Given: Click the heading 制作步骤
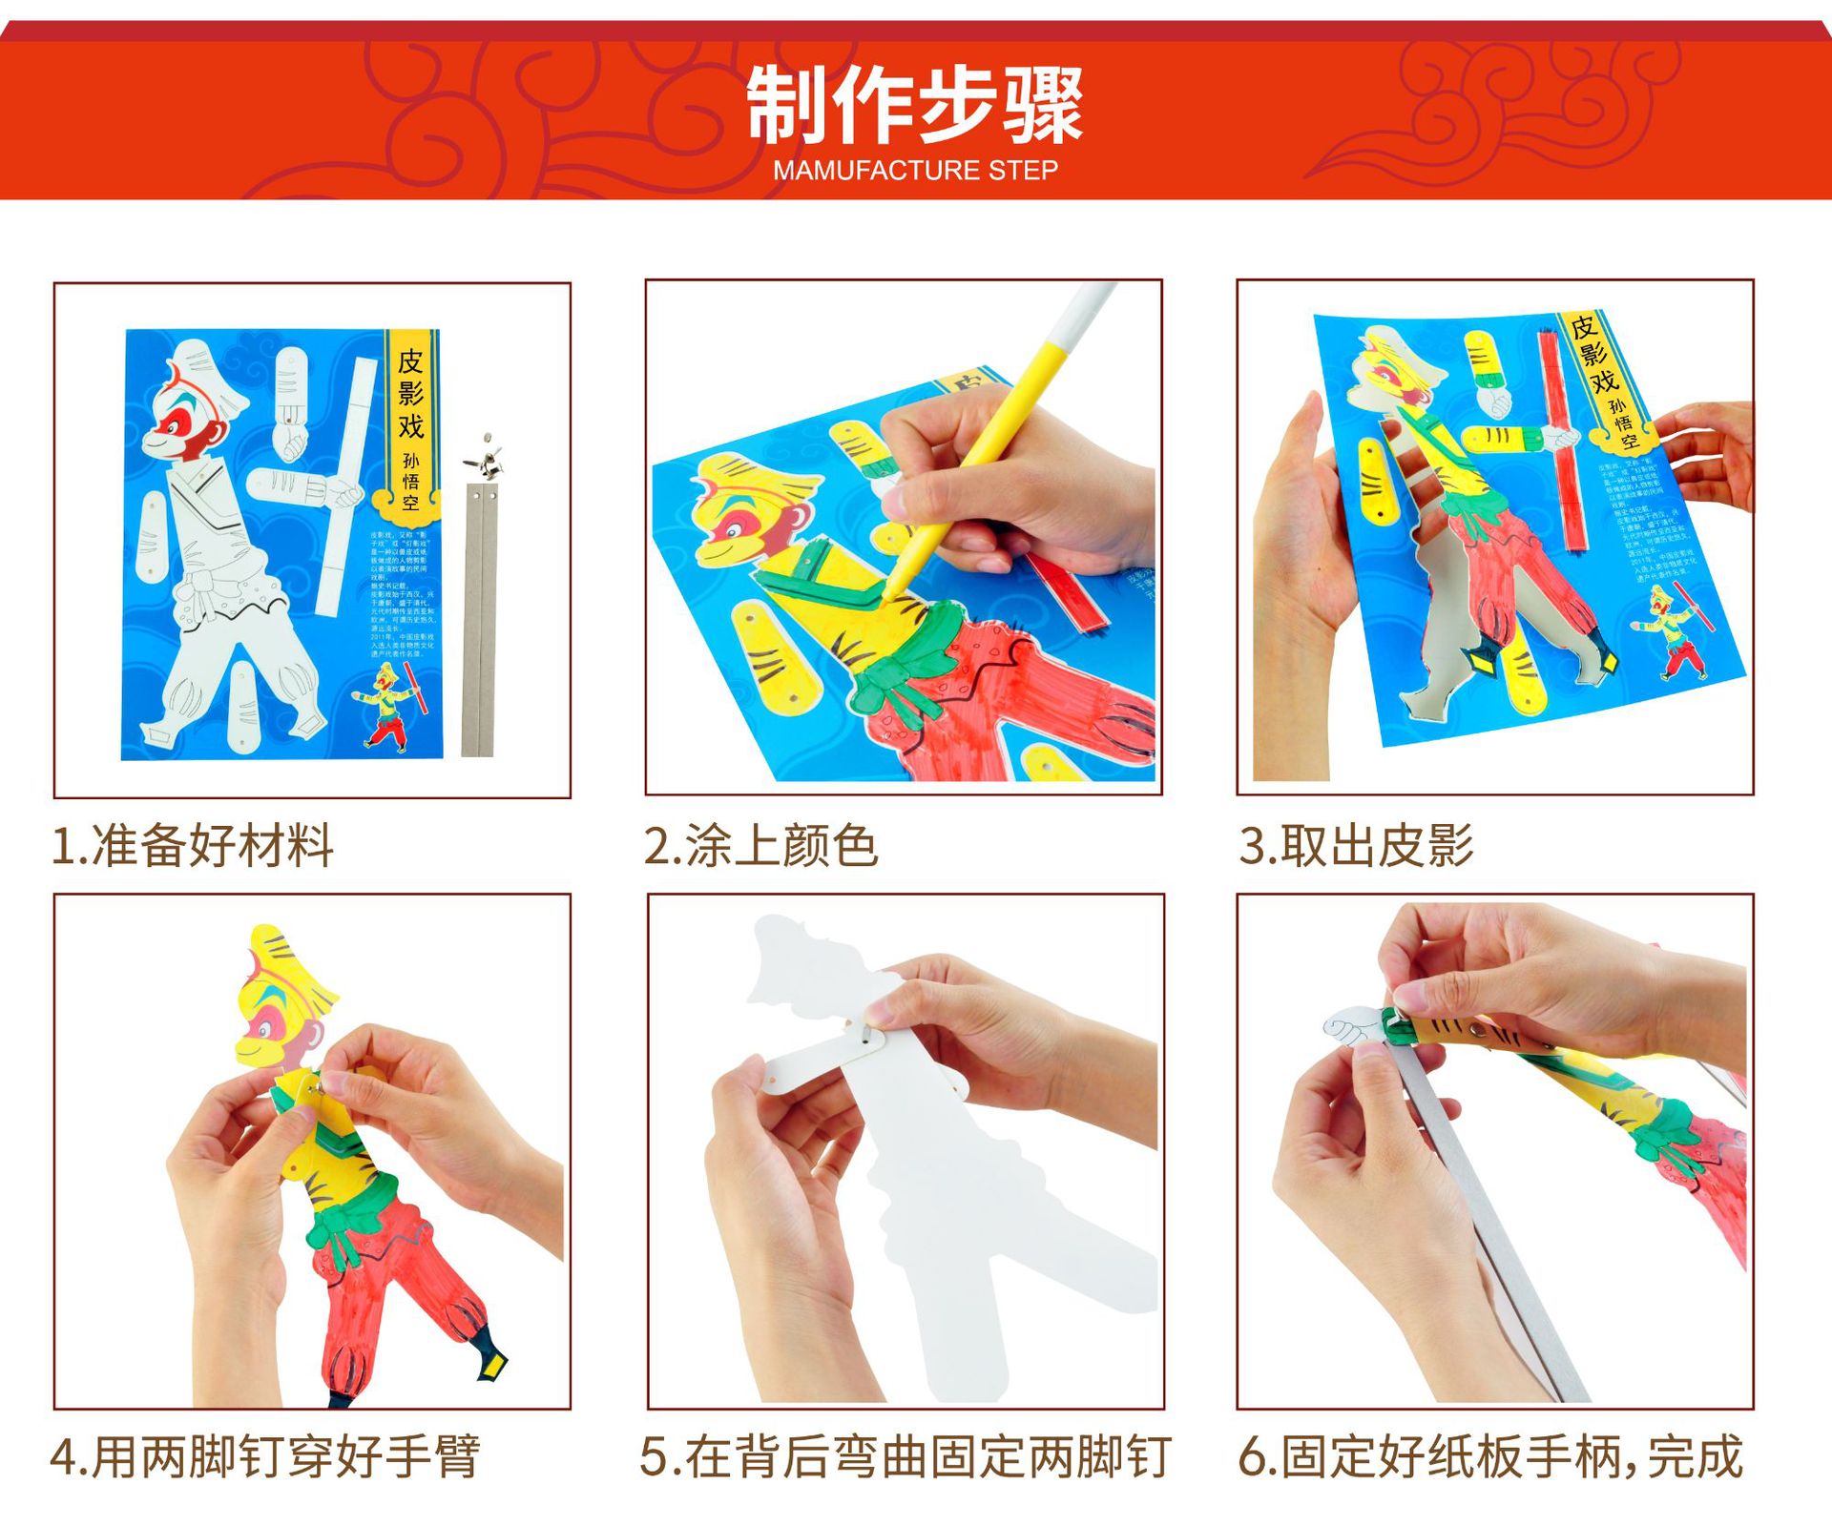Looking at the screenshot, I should click(914, 105).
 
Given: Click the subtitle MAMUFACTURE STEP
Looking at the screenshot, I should click(914, 171).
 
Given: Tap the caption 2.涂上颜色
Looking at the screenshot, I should click(760, 846).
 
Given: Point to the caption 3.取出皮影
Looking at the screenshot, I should click(1356, 846).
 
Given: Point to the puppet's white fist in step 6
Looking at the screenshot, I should click(1351, 1029).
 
